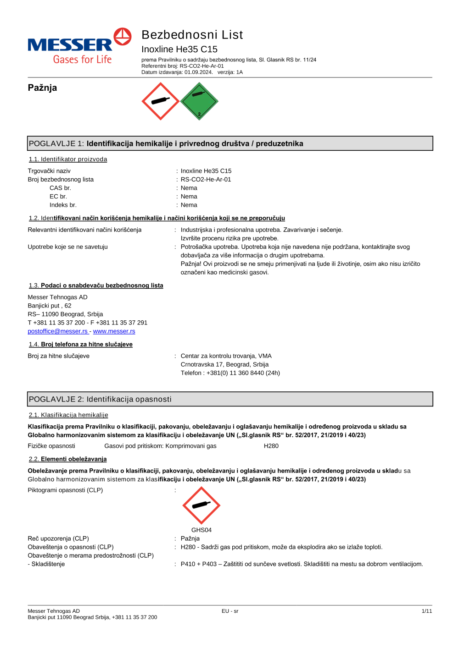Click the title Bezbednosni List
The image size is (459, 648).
coord(192,35)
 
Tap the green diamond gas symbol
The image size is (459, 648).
coord(199,101)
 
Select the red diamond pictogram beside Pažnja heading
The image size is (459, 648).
coord(160,101)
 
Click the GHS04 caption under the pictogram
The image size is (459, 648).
coord(202,530)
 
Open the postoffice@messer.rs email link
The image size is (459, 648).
coord(58,331)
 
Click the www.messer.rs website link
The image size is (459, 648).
coord(114,331)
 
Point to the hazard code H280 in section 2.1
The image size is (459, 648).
coord(271,446)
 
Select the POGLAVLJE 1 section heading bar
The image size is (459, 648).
coord(230,143)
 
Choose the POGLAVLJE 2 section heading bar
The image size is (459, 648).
coord(230,399)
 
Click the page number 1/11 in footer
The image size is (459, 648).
coord(427,611)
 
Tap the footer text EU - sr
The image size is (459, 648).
coord(230,611)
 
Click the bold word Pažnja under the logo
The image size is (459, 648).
coord(42,88)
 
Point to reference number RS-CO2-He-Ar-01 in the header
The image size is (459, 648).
coord(202,66)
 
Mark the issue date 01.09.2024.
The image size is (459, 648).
coord(198,72)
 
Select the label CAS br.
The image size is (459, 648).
coord(60,188)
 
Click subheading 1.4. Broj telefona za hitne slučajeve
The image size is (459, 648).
coord(81,344)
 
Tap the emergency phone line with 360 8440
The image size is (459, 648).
coord(230,373)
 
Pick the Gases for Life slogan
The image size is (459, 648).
coord(82,60)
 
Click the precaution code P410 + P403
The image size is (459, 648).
coord(198,564)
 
